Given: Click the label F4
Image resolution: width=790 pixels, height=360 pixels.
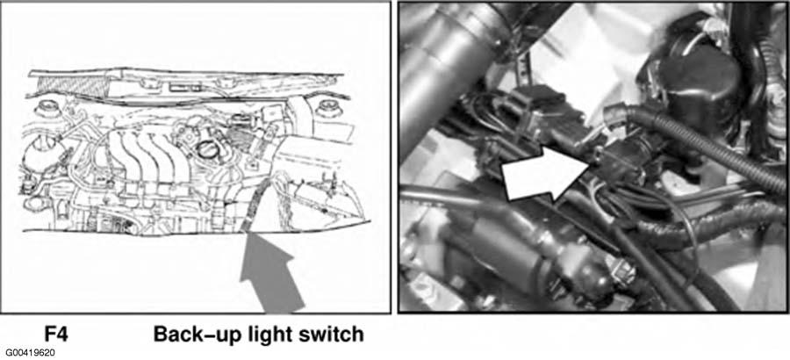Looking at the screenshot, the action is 55,335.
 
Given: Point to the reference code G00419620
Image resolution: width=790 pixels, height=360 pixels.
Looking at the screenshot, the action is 31,352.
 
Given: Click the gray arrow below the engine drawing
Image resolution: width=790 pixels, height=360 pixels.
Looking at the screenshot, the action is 270,272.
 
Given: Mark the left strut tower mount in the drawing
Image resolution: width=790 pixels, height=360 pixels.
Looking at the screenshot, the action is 47,107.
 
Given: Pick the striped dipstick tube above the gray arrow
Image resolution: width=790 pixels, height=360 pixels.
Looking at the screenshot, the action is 255,203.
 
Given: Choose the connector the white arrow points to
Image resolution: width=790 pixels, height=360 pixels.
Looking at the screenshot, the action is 619,161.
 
